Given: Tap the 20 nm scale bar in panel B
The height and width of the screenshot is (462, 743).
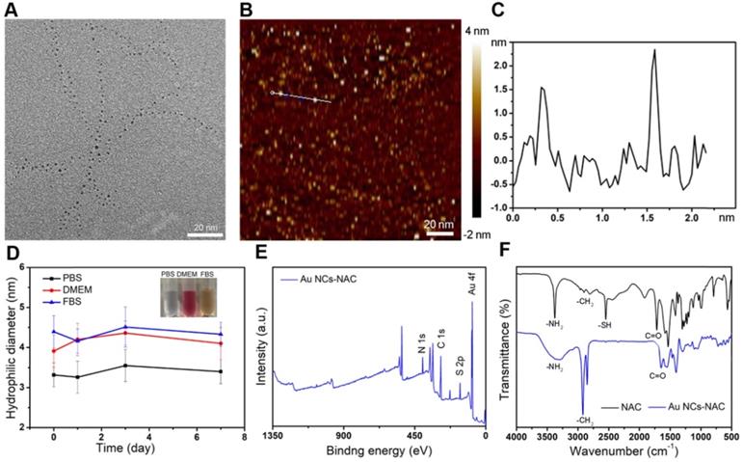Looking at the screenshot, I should (x=440, y=231).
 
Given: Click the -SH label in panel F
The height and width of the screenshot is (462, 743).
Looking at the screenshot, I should (x=605, y=326).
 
